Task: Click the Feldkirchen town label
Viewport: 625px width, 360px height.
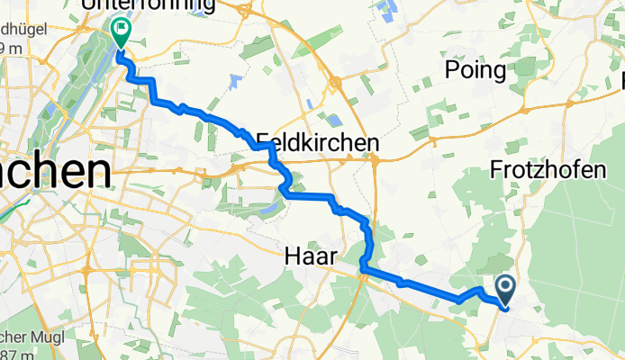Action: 316,143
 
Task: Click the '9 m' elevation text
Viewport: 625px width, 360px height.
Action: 11,46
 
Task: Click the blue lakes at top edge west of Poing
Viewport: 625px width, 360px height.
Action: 389,12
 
